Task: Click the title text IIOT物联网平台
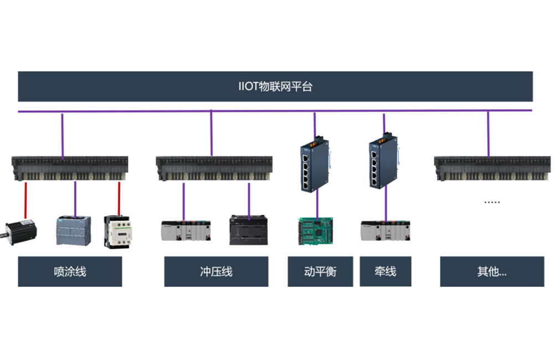coord(275,86)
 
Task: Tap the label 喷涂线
coord(70,271)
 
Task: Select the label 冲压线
coord(216,271)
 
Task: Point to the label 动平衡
coord(320,271)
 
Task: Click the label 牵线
coord(385,271)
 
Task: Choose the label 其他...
coord(491,271)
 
